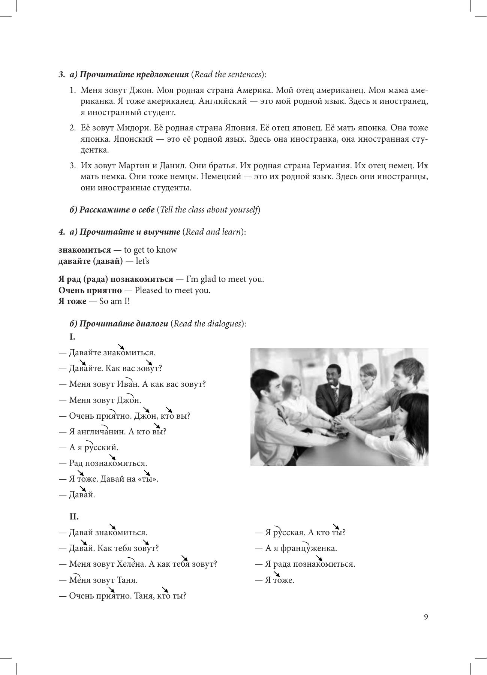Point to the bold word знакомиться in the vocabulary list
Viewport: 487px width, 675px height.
tap(85, 250)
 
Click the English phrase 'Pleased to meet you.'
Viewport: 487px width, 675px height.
tap(172, 290)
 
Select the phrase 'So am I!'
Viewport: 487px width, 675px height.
tap(114, 301)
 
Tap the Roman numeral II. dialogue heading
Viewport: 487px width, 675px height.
tap(74, 517)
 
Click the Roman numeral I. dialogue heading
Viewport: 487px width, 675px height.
tap(72, 337)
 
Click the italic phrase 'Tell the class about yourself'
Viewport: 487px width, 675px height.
tap(209, 210)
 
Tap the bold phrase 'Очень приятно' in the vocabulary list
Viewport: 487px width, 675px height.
tap(90, 290)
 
